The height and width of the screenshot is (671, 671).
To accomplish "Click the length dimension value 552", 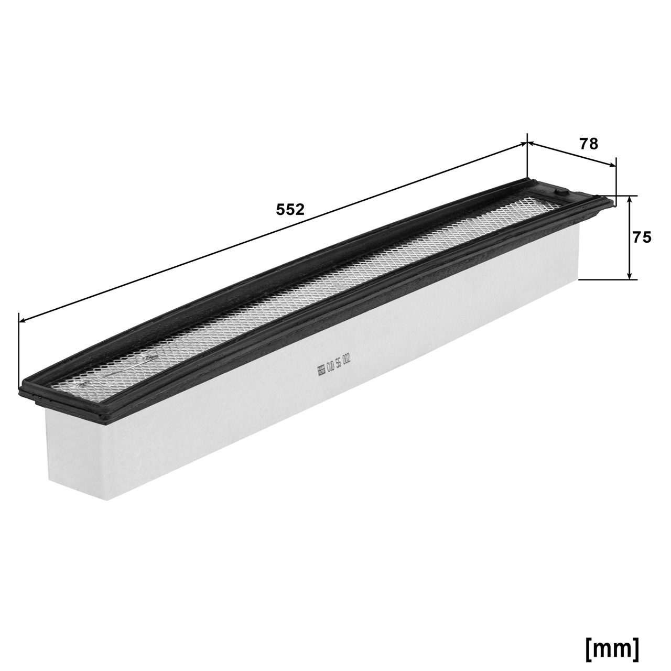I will coord(290,209).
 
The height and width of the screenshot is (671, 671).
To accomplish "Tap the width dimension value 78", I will coord(589,144).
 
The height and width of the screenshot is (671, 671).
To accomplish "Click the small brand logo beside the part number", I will coord(320,371).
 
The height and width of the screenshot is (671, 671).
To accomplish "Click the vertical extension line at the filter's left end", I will coord(19,351).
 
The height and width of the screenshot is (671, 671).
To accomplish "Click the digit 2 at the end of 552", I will coord(299,209).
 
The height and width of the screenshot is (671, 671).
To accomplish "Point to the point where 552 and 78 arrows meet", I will coord(526,142).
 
